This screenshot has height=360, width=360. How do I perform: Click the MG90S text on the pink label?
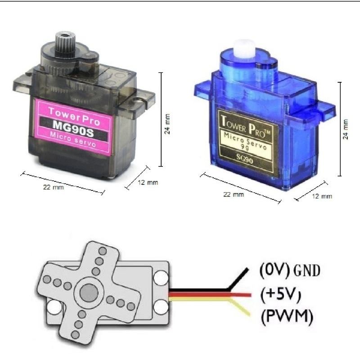point(73,129)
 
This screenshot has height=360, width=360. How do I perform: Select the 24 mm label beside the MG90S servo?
point(167,124)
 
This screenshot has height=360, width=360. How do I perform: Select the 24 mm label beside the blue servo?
point(346,129)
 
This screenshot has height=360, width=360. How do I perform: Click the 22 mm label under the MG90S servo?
point(53,187)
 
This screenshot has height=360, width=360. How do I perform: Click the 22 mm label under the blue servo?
point(234,194)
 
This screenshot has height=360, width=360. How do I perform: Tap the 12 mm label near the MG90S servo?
point(148,183)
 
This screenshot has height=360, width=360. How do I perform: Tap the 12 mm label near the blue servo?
point(322,196)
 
